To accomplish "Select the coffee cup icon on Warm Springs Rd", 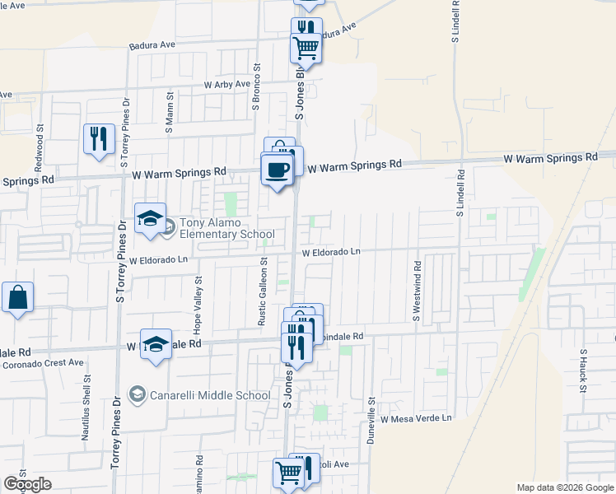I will coord(277,170).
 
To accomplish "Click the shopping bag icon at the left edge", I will coord(17,297).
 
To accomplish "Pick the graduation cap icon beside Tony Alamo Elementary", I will coord(151,219).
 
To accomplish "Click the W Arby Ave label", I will coord(226,84).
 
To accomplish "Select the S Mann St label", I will coord(169,118).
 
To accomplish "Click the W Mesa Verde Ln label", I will coord(416,418).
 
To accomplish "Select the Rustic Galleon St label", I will coord(263,291).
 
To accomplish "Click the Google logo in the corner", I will coord(27,484).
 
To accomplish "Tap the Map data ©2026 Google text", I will coord(565,487).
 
